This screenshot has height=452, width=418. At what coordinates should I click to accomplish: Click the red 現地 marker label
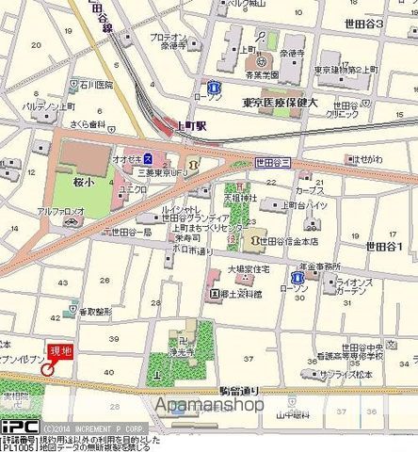point(59,349)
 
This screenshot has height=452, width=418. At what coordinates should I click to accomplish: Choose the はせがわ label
point(370,158)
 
